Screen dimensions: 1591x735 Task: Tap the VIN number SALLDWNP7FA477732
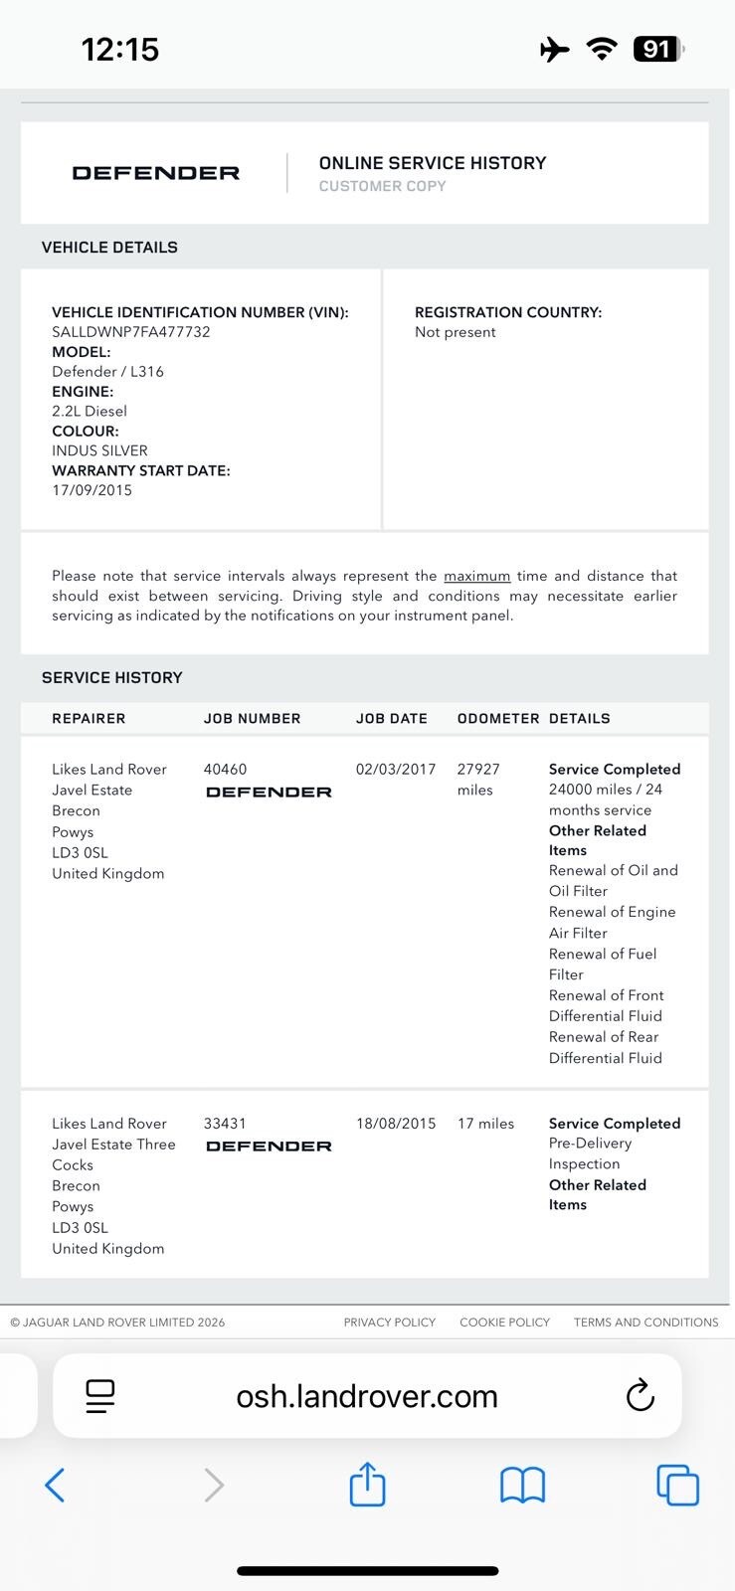tap(131, 332)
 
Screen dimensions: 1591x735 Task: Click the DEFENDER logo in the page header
tap(156, 173)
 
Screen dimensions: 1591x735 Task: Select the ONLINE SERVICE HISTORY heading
tap(433, 163)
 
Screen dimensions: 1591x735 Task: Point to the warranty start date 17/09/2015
tap(92, 490)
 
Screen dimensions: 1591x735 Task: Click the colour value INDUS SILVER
tap(99, 450)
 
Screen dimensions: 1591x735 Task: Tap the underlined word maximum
tap(476, 576)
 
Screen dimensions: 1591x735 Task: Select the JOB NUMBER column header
tap(252, 718)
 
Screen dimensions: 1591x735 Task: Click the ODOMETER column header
tap(497, 718)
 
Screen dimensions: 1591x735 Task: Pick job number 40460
tap(225, 769)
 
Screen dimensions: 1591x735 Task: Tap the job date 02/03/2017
tap(396, 769)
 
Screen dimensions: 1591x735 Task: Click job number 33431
tap(225, 1123)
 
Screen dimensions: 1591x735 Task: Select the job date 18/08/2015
tap(396, 1123)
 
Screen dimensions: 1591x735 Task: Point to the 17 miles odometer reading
tap(485, 1123)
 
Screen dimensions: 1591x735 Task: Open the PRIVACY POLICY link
tap(390, 1323)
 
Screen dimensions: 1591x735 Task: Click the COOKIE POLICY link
tap(504, 1323)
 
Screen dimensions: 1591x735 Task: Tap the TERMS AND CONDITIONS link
tap(645, 1323)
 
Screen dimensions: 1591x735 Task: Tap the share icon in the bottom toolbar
tap(367, 1485)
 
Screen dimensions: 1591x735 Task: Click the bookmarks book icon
tap(522, 1486)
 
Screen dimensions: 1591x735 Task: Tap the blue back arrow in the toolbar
tap(56, 1486)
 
